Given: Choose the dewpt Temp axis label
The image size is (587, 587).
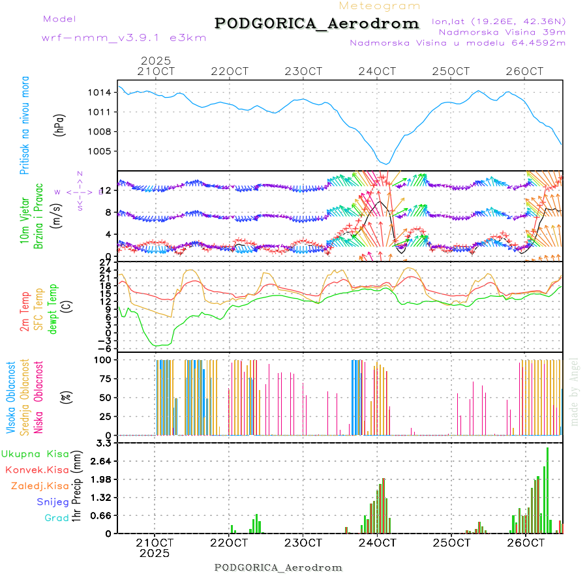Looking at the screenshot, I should tap(52, 308).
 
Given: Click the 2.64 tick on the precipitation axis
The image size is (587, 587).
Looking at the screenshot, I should tap(102, 461).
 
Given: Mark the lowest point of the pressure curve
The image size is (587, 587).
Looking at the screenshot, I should tap(386, 164).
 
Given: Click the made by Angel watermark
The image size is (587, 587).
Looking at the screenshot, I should tap(575, 391).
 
